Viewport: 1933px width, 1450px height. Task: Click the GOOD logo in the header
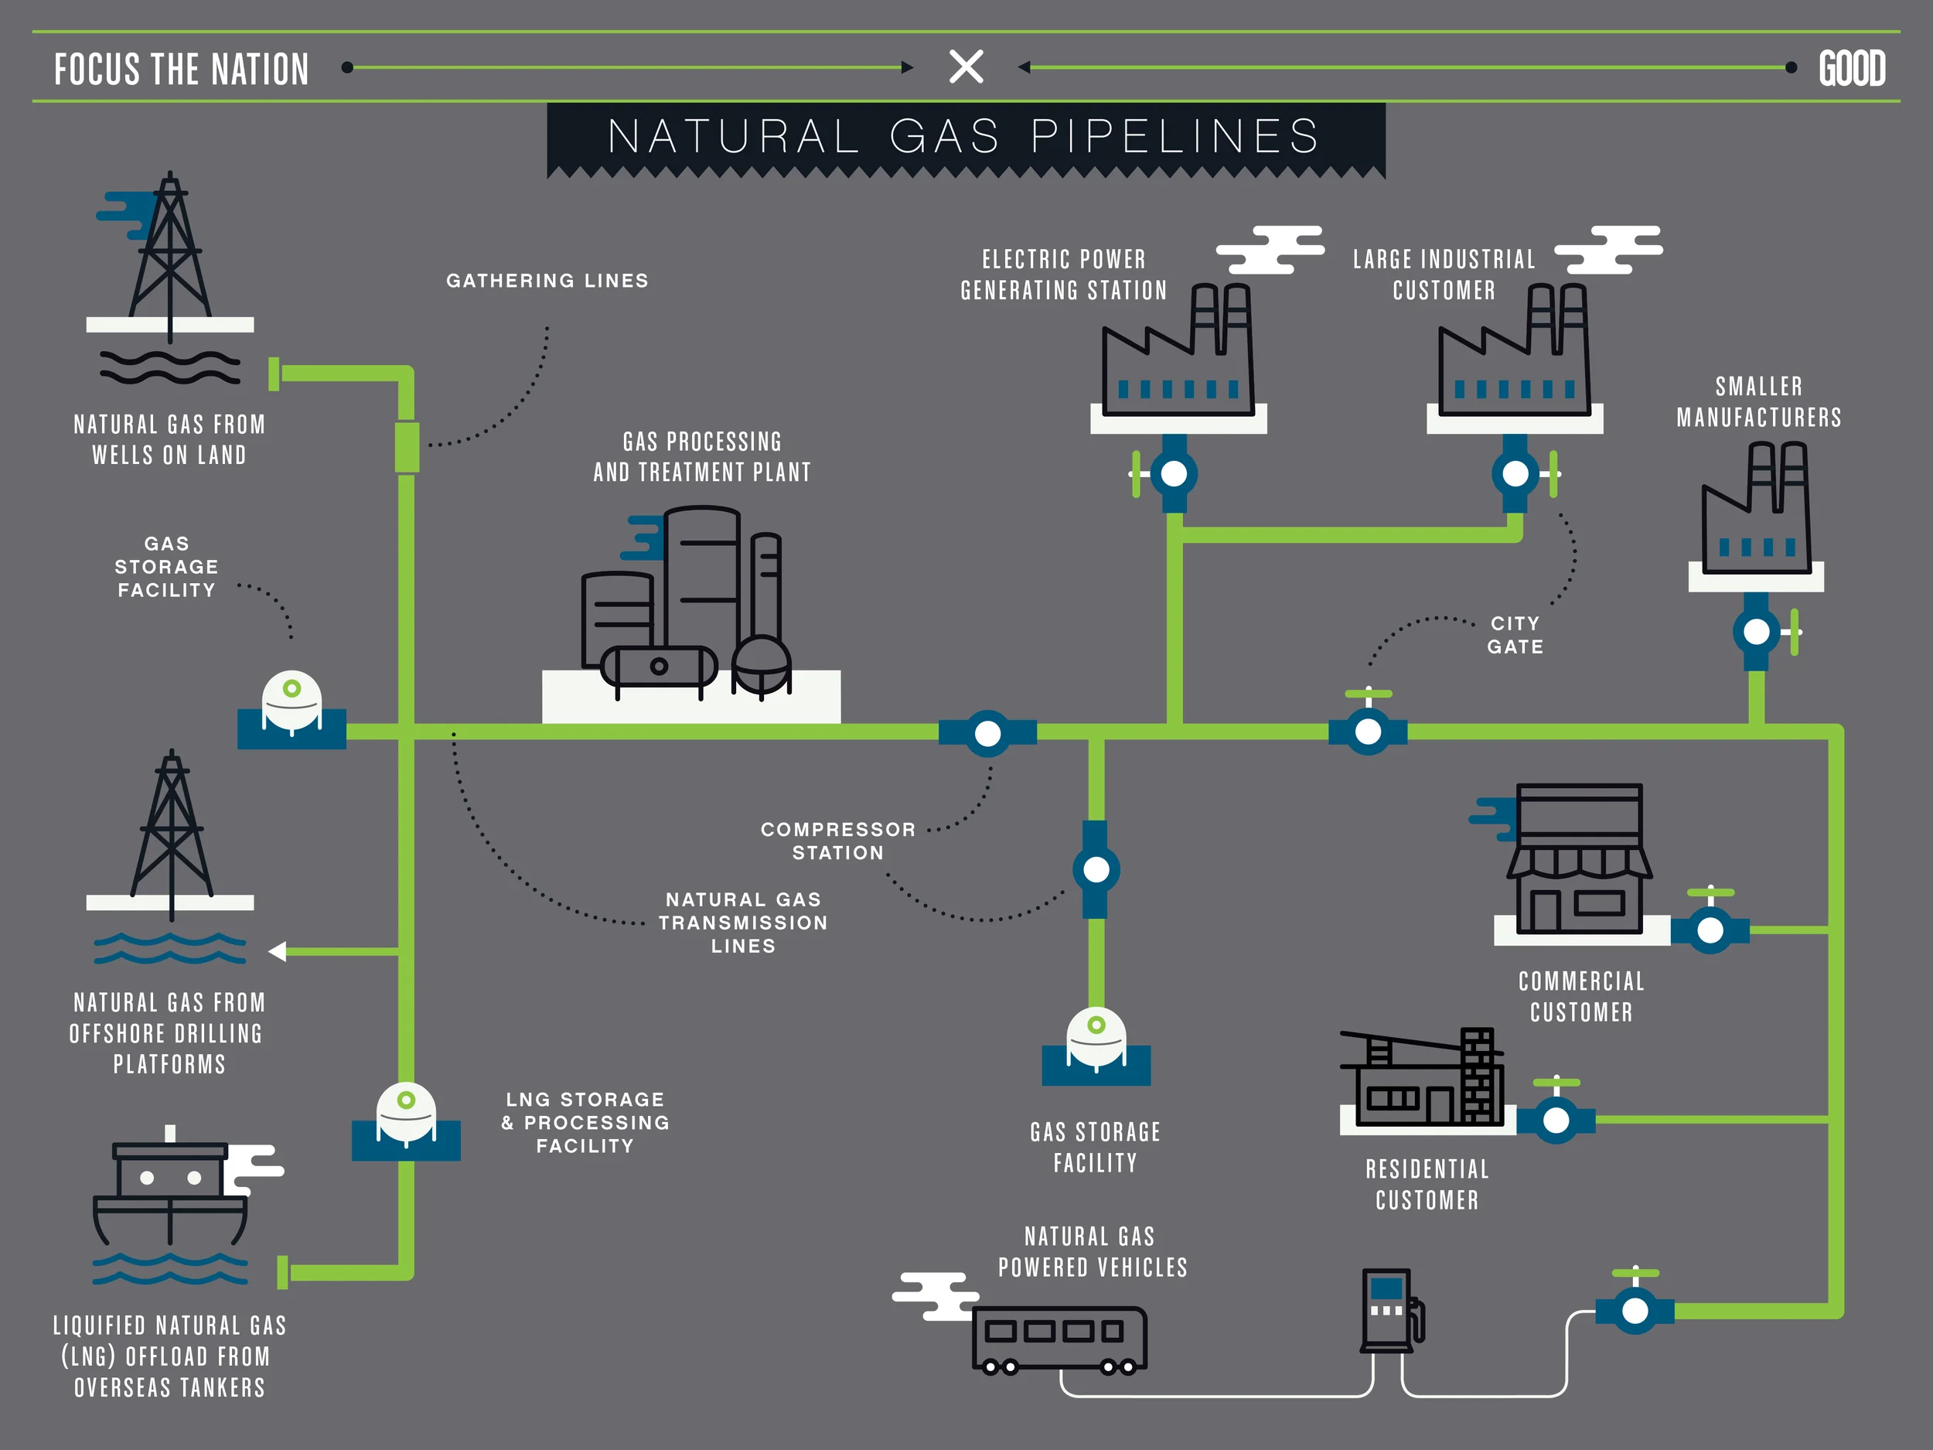(1852, 68)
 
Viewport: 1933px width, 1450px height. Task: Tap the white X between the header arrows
(966, 67)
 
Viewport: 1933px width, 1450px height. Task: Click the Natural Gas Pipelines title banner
(965, 136)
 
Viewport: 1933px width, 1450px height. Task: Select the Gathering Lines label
(547, 281)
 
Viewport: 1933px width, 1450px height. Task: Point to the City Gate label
(1515, 636)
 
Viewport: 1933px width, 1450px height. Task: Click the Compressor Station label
(837, 841)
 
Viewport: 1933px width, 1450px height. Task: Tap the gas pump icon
(1390, 1311)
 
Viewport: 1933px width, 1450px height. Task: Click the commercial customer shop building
(1579, 860)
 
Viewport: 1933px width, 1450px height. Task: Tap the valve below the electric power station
(1174, 474)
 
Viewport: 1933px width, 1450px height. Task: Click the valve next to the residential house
(1556, 1120)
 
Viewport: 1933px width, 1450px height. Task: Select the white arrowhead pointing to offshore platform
(278, 951)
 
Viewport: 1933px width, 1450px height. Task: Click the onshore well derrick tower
(170, 249)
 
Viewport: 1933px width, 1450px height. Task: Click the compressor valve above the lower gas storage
(1096, 870)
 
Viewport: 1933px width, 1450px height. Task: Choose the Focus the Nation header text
(181, 69)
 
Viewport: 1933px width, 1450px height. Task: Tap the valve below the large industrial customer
(1515, 474)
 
